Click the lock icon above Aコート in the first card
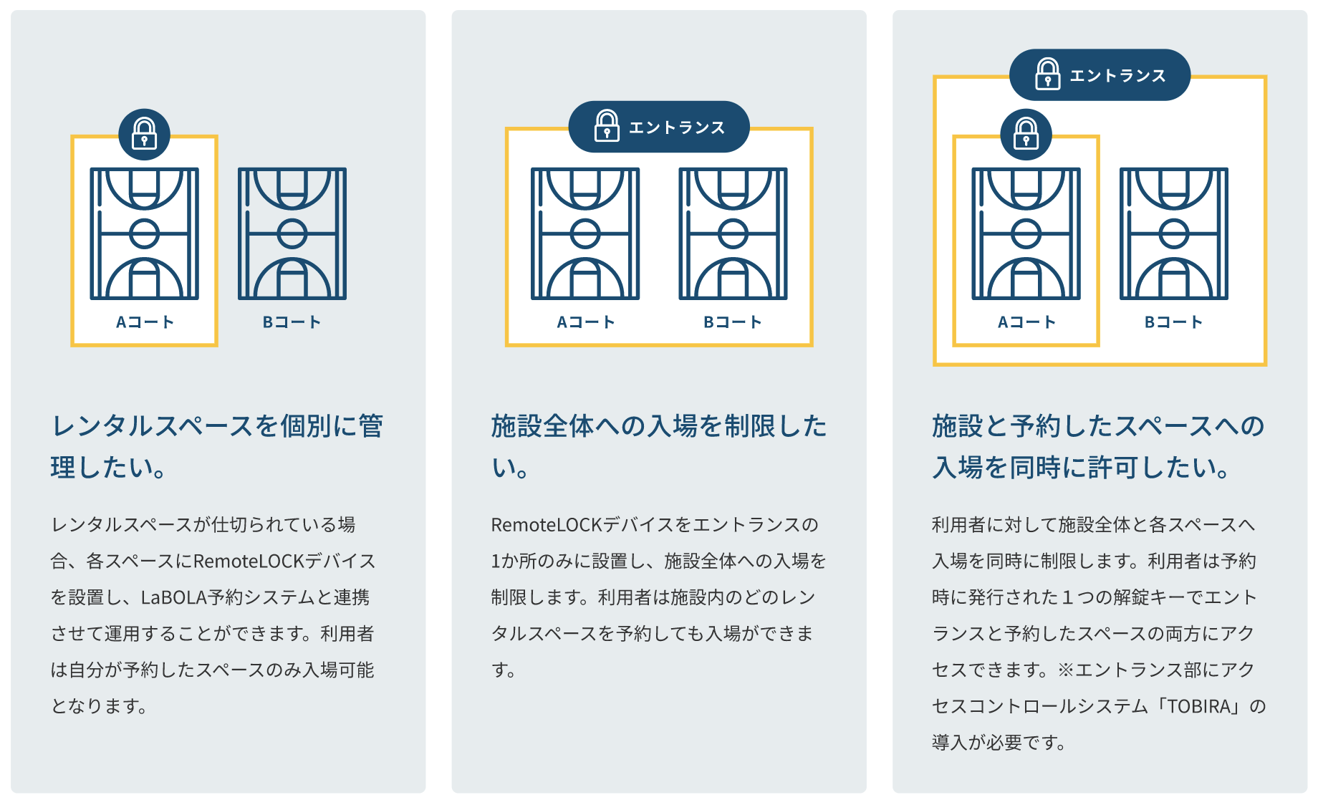click(144, 135)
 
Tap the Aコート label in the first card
click(145, 322)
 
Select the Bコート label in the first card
click(292, 322)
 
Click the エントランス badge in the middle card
click(658, 127)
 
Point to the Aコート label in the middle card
click(585, 322)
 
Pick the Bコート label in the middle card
click(732, 322)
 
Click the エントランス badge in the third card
click(1100, 74)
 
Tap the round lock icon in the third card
click(1026, 135)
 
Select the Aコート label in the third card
click(1026, 322)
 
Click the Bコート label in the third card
click(1173, 322)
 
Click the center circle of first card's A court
click(144, 233)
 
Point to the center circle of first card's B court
click(292, 233)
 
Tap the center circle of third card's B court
click(1173, 233)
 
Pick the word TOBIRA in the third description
click(1199, 707)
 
